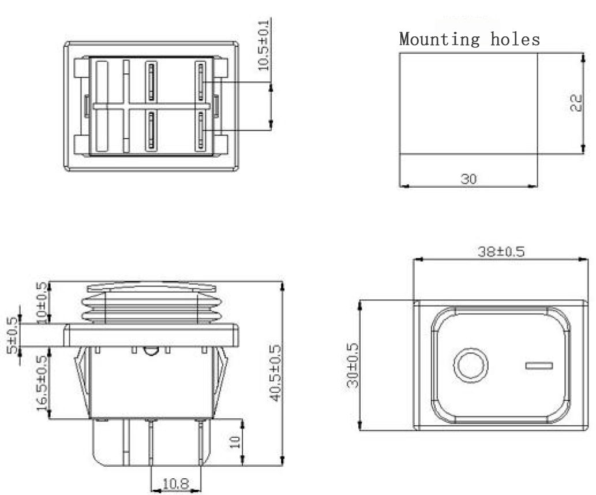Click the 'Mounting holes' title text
(x=470, y=39)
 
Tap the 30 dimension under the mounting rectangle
(x=468, y=179)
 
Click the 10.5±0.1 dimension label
(x=265, y=44)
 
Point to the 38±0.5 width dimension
(x=501, y=252)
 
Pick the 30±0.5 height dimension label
(x=353, y=365)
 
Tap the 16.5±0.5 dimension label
(x=42, y=382)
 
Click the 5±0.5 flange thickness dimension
(x=11, y=336)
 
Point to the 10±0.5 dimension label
(x=42, y=302)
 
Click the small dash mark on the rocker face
(x=539, y=366)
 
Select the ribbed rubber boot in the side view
(x=152, y=306)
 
